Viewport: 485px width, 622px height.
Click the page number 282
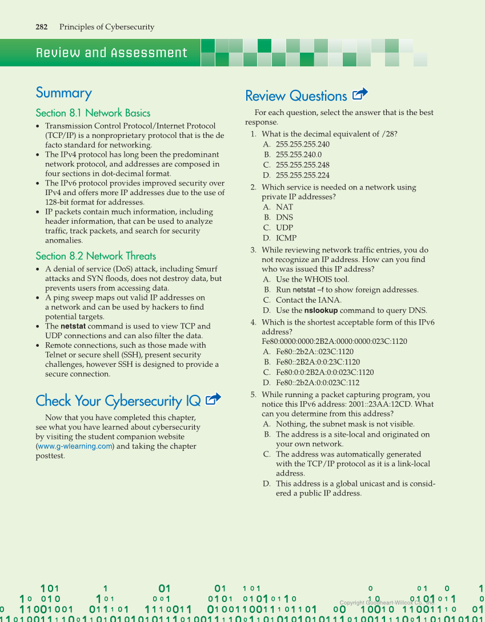[x=41, y=27]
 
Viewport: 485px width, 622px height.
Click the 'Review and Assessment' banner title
[x=111, y=53]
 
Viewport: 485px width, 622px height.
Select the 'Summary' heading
[x=63, y=93]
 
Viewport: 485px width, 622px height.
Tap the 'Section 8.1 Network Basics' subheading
[x=93, y=113]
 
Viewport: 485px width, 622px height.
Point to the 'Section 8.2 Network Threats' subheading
[x=95, y=256]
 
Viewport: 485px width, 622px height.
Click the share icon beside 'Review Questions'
[x=360, y=94]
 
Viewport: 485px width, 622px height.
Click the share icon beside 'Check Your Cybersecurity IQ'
[x=213, y=399]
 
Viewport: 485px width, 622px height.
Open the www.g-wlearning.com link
[x=75, y=446]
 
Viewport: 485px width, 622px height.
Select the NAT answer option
[x=284, y=207]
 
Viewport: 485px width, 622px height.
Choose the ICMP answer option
[x=286, y=238]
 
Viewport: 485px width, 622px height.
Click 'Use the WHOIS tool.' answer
[x=312, y=280]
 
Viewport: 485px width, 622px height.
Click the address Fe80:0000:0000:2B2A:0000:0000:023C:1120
[x=334, y=342]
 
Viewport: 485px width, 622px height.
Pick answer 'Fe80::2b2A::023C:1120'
[x=314, y=352]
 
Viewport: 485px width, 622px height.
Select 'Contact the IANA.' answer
[x=308, y=300]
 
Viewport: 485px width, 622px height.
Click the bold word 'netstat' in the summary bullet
[x=73, y=326]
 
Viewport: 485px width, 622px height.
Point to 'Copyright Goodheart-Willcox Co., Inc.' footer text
[x=387, y=603]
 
